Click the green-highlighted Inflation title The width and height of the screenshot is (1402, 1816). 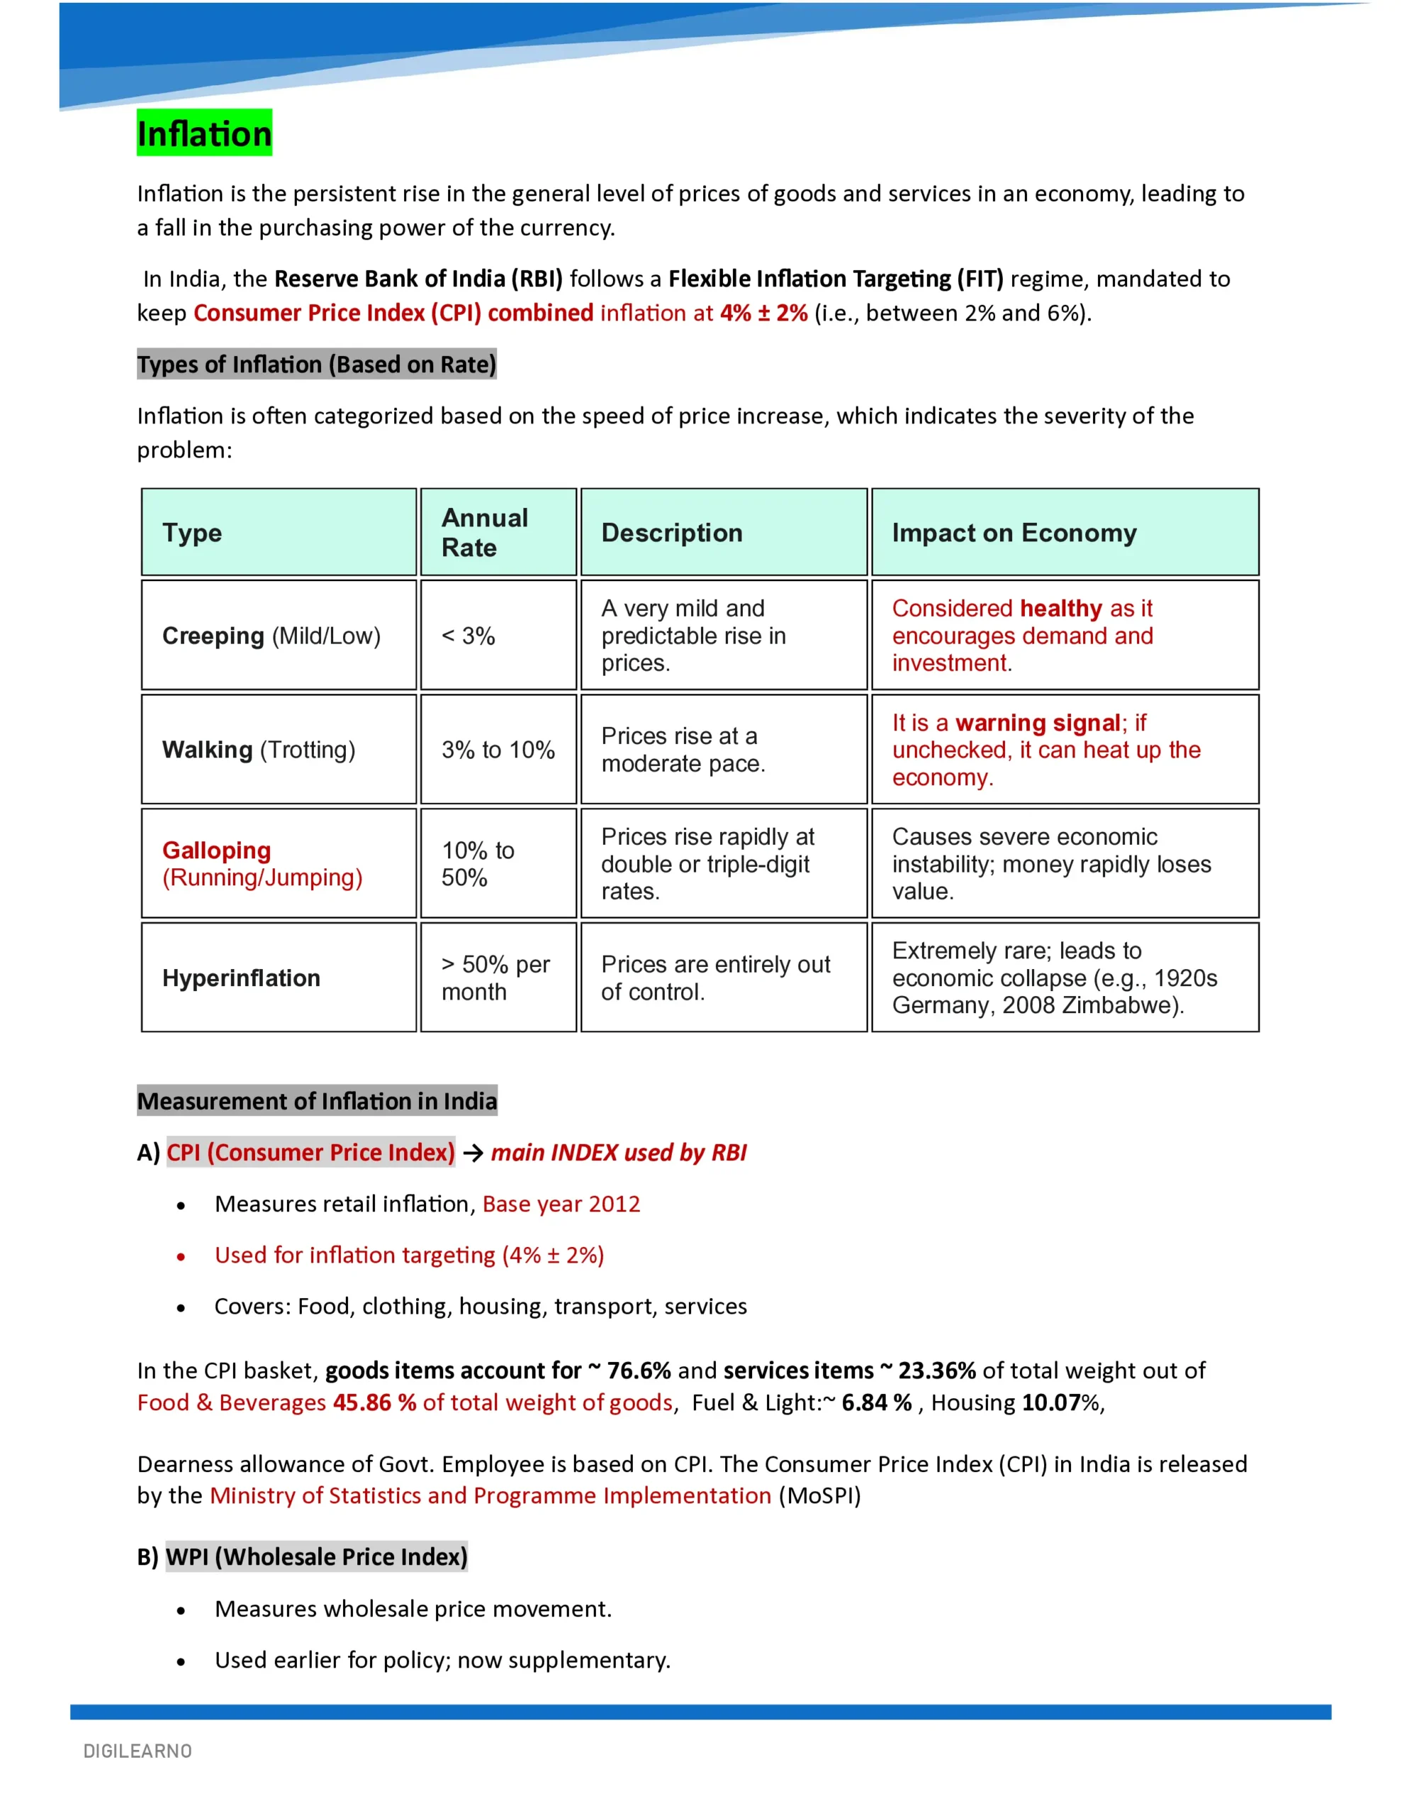(204, 133)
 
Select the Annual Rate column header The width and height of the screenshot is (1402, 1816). (485, 532)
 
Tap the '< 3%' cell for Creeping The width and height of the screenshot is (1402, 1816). (468, 636)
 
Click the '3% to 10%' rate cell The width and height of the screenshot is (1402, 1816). (498, 750)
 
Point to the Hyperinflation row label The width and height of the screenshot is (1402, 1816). (241, 978)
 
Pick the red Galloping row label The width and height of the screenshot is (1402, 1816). (217, 851)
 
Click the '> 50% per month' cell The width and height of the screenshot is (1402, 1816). (495, 978)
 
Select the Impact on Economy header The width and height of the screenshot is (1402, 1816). (1014, 532)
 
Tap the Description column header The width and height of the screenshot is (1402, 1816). (671, 532)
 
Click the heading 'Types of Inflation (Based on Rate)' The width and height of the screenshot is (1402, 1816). (317, 364)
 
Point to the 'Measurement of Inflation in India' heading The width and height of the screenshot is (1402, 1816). (317, 1101)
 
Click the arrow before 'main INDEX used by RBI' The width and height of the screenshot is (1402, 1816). (473, 1153)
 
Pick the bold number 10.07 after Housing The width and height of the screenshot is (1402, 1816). (1050, 1402)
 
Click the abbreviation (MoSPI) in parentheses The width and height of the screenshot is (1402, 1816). (819, 1495)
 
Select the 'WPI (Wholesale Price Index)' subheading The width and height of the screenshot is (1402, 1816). (317, 1556)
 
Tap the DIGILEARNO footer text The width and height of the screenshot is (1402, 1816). (138, 1751)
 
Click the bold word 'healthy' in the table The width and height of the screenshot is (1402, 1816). (1060, 609)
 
